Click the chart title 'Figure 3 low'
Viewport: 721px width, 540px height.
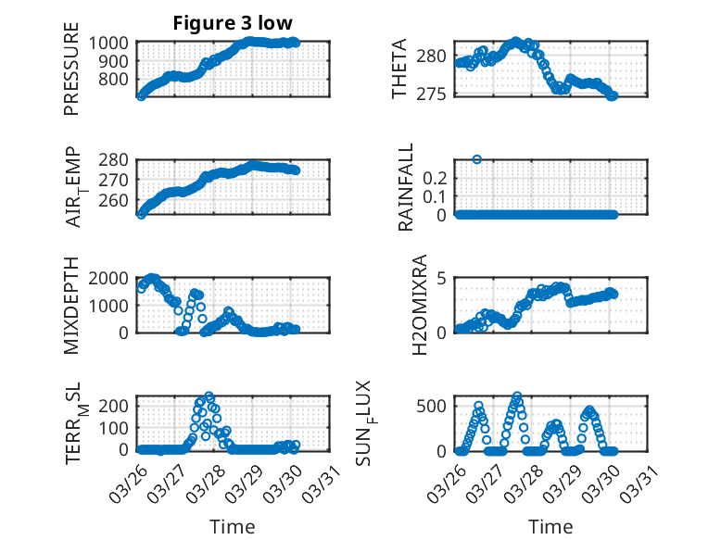click(233, 23)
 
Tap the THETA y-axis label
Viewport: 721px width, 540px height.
click(399, 69)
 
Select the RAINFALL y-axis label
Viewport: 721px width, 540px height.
click(405, 188)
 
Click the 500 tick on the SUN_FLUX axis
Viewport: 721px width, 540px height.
click(436, 406)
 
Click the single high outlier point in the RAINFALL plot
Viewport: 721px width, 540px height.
click(477, 159)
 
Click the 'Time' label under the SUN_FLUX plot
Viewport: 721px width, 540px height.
click(550, 526)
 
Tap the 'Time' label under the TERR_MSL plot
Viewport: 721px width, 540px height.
click(233, 526)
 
